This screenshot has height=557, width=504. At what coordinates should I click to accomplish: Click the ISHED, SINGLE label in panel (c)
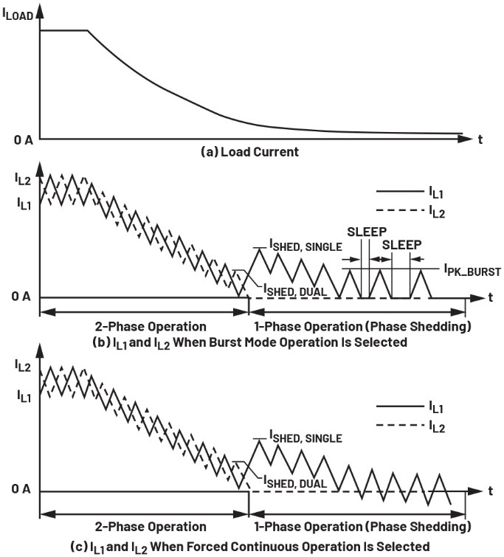pyautogui.click(x=305, y=438)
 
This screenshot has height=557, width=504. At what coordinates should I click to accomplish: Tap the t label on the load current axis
pyautogui.click(x=480, y=138)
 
